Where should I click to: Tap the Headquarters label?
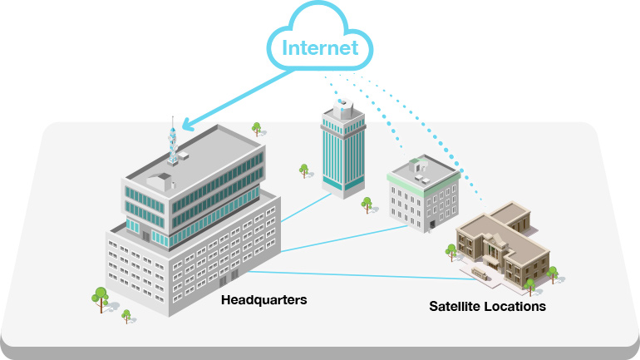263,299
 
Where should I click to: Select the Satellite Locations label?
487,306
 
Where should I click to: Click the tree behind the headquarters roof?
257,129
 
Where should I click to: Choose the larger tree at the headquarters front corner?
101,296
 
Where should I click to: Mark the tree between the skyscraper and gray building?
366,203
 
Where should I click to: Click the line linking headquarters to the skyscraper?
303,207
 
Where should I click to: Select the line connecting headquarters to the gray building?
341,237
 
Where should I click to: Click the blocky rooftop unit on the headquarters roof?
159,180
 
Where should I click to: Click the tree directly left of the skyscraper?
304,170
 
